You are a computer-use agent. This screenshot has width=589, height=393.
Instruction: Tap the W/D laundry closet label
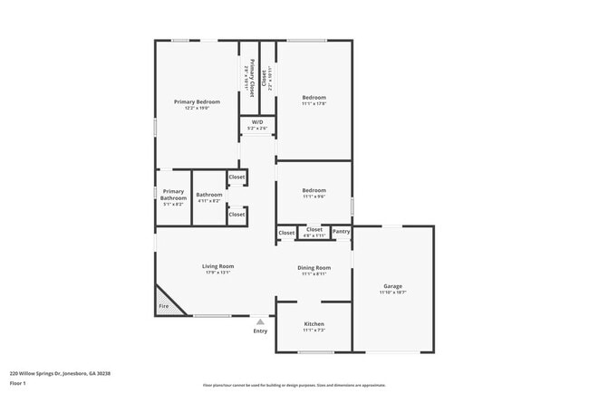[x=257, y=121]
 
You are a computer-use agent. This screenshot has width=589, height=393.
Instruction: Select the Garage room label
[x=392, y=286]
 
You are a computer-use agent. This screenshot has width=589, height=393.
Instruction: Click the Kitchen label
[x=314, y=324]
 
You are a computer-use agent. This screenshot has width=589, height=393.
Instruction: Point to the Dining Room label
[x=314, y=267]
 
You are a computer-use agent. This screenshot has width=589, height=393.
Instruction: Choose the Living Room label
[x=217, y=266]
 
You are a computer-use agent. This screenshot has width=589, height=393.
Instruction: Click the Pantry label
[x=341, y=232]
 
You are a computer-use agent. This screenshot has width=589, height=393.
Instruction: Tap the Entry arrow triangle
[x=260, y=321]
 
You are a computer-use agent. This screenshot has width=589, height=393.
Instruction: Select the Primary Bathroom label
[x=173, y=195]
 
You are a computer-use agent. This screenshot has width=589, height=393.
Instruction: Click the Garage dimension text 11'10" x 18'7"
[x=392, y=292]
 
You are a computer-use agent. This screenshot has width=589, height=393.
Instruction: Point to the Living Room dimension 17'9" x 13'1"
[x=217, y=273]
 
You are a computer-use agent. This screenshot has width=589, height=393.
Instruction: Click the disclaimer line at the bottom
[x=294, y=385]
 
